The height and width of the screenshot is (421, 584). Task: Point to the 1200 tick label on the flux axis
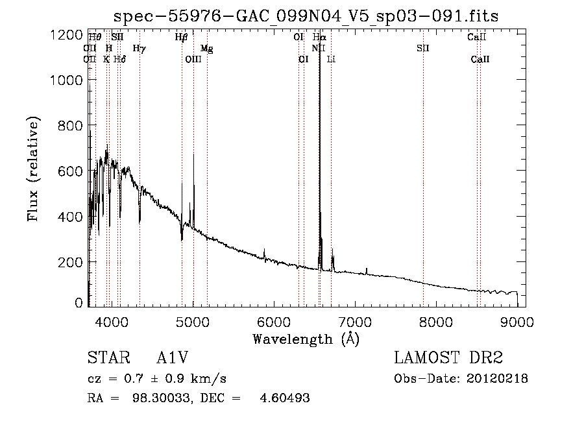point(66,34)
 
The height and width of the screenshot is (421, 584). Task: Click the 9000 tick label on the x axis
point(517,322)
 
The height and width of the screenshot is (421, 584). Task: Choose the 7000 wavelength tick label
point(354,322)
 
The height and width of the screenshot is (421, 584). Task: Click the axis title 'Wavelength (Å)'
point(306,339)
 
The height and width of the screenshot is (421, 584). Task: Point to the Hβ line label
point(181,38)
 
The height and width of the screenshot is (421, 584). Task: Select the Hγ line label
point(139,48)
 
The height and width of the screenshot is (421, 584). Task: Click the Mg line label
point(206,48)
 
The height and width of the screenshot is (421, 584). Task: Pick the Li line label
point(331,59)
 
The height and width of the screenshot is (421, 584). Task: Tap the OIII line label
point(193,59)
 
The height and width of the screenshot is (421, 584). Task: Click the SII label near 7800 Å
point(423,48)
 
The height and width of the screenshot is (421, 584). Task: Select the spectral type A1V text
point(172,358)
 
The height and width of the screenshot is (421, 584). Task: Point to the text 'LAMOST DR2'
point(448,358)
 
